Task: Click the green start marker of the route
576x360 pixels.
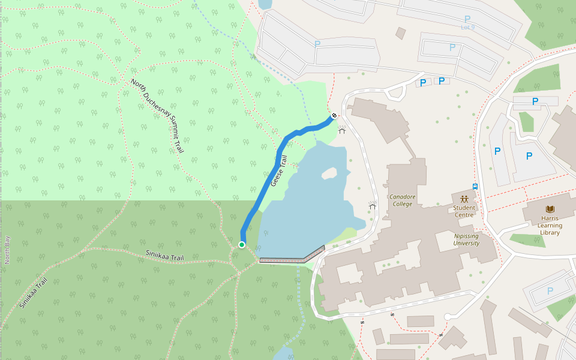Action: point(242,244)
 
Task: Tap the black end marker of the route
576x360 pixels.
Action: point(334,115)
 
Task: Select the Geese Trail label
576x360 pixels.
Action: point(279,170)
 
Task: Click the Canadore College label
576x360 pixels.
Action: point(402,200)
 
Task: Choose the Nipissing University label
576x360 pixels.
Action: point(466,239)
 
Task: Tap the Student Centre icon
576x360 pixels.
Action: point(464,199)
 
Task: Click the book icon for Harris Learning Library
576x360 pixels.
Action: point(550,209)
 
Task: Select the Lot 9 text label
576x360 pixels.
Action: point(467,27)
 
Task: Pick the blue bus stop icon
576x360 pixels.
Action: point(475,186)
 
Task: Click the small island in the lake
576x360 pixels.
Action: point(329,174)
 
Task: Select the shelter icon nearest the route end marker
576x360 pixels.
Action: point(342,130)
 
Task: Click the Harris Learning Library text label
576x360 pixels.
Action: point(550,226)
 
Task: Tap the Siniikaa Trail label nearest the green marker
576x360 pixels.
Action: point(164,256)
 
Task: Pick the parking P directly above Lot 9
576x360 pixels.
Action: point(467,19)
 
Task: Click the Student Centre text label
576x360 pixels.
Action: point(464,211)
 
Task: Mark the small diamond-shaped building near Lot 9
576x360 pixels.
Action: point(400,33)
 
